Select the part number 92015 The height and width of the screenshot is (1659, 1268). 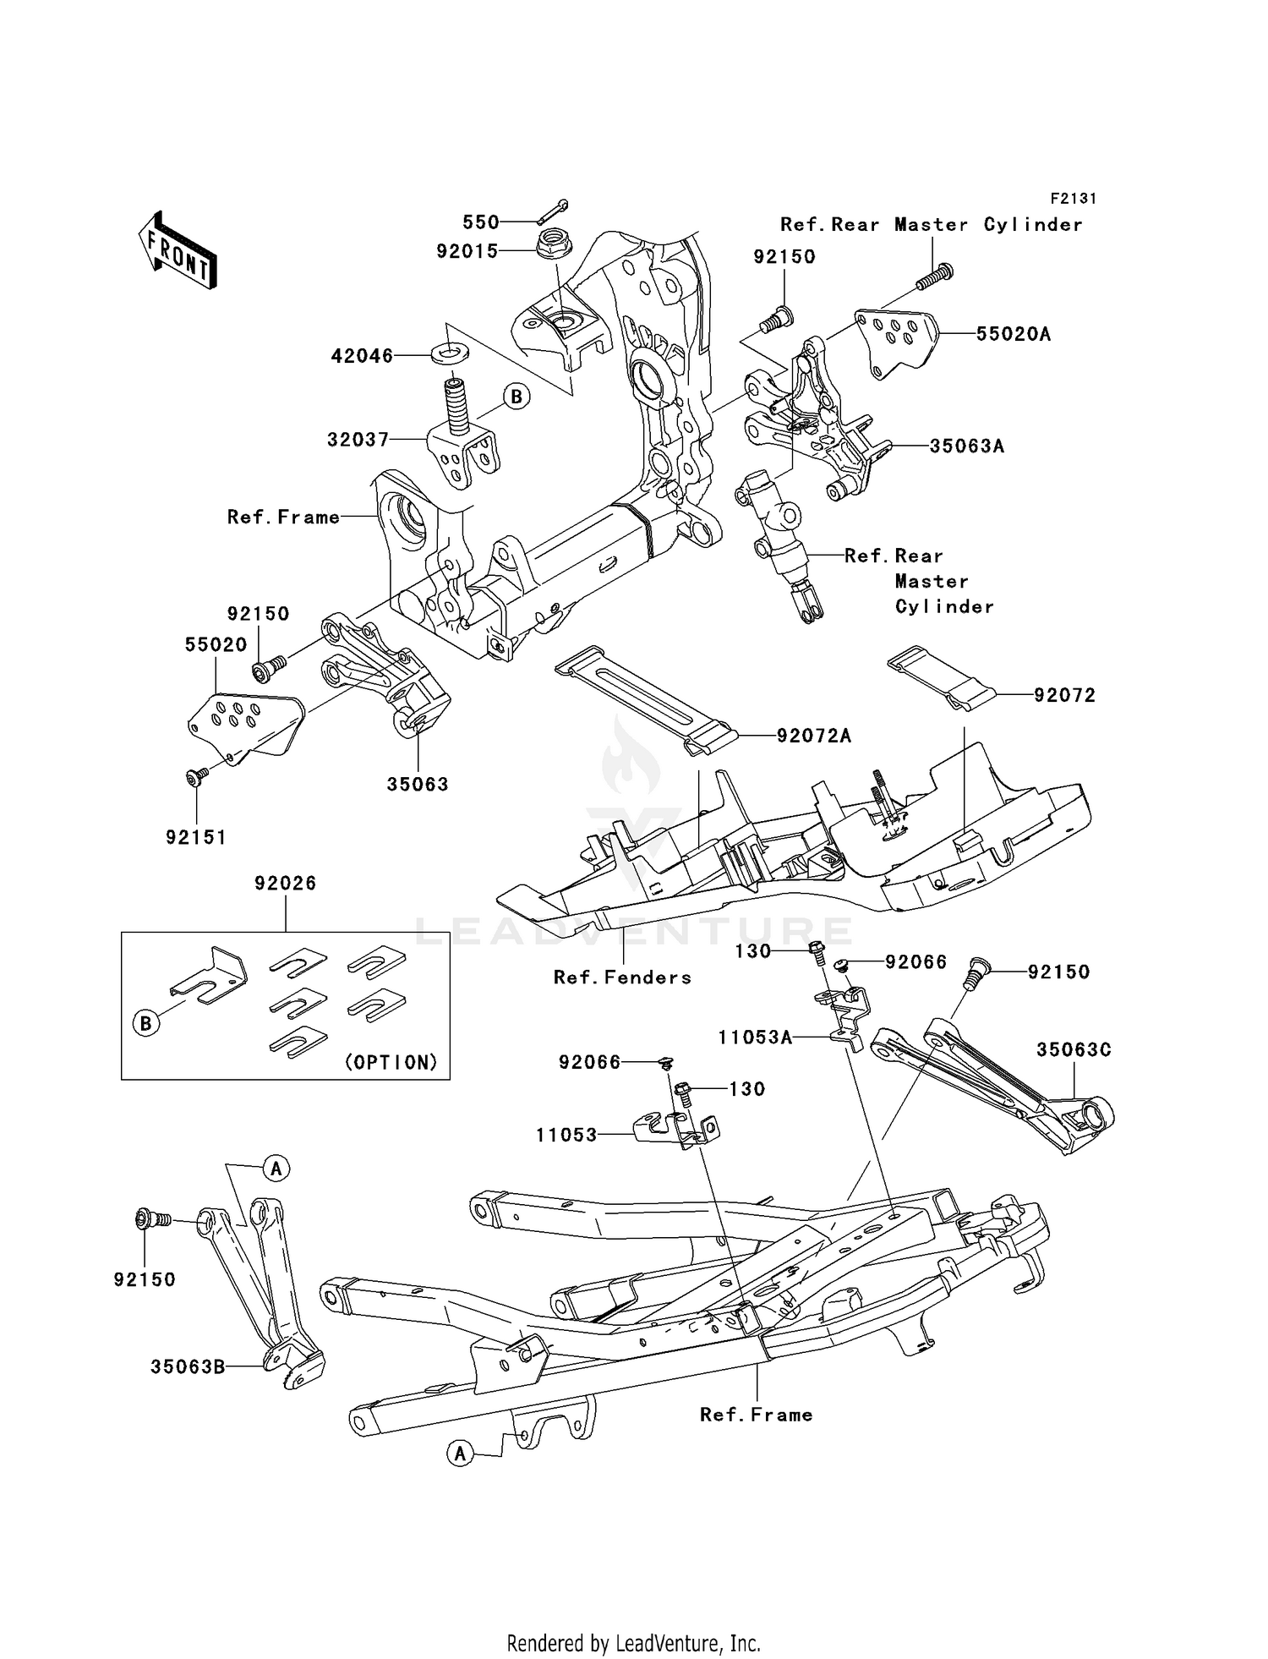pos(467,251)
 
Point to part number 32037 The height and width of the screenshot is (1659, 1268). pos(358,440)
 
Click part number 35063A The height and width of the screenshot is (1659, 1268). pos(966,446)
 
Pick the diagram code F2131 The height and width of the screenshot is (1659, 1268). pos(1073,199)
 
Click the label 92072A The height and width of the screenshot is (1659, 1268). pos(814,736)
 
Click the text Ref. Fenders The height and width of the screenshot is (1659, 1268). pos(622,977)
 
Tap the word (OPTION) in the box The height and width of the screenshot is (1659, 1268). pos(391,1062)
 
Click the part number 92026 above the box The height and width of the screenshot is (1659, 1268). pos(285,883)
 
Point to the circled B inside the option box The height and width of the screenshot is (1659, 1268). pos(146,1023)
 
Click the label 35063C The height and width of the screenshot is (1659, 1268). pos(1074,1049)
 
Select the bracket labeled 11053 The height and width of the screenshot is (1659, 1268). pos(676,1130)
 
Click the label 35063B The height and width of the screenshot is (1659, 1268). pos(188,1366)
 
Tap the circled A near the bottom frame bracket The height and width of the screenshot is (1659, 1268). pos(460,1454)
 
